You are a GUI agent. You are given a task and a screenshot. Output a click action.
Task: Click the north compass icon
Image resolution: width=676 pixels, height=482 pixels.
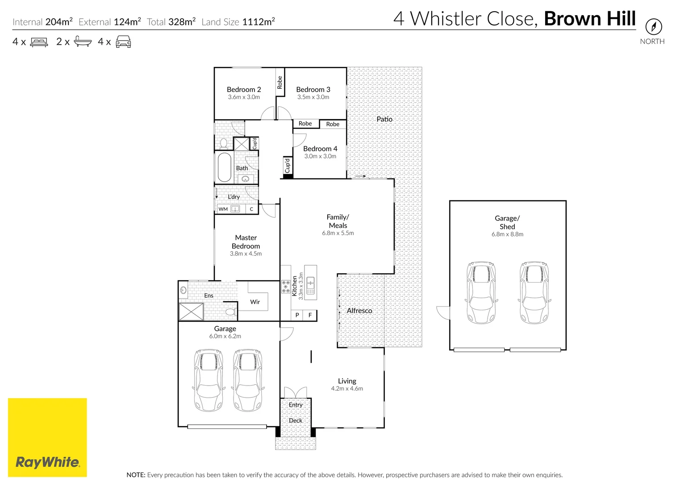pos(654,27)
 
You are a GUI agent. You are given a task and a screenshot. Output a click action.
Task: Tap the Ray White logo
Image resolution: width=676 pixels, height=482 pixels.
pos(47,437)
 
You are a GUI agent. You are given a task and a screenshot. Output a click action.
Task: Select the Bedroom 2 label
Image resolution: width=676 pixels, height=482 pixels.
pos(244,90)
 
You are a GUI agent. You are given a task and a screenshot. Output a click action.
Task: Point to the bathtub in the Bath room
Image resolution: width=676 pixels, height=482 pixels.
pos(224,167)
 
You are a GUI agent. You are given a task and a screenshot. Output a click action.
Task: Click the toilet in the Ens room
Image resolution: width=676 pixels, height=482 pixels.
pos(231,312)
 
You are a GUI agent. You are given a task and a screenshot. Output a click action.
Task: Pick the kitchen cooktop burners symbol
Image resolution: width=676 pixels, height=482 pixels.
pos(286,287)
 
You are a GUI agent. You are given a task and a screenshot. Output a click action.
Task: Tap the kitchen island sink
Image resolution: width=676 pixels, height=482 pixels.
pos(310,286)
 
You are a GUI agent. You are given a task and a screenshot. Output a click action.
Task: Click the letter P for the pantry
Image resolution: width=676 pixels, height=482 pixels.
pos(297,315)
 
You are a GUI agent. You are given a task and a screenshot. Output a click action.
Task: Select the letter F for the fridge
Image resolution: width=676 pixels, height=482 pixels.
pos(310,315)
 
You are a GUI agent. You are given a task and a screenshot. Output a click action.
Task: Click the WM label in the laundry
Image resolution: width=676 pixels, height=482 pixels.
pos(223,209)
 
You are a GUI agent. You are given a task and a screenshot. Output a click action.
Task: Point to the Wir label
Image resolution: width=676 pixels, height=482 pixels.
pos(255,302)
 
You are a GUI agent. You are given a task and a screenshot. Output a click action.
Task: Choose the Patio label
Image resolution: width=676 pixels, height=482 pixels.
pos(384,119)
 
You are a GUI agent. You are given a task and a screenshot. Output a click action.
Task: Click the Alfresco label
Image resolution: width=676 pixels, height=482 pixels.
pos(359,310)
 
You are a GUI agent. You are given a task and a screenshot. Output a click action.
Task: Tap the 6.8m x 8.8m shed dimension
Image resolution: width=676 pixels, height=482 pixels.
pos(507,234)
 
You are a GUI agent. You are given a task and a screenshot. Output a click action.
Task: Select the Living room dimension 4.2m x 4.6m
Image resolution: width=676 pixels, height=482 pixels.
pos(347,388)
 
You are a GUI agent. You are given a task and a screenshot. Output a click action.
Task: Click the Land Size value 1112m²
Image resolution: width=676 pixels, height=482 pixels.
pos(259,22)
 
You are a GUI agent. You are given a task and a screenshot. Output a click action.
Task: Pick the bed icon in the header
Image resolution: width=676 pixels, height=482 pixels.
pos(39,42)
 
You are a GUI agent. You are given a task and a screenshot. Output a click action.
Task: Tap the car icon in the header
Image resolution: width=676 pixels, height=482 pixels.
pos(123,42)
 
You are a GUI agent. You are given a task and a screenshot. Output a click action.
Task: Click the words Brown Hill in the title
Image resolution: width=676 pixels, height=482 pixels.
pos(590,19)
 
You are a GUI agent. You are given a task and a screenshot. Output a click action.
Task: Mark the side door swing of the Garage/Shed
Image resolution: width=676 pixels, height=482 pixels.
pos(443,313)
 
